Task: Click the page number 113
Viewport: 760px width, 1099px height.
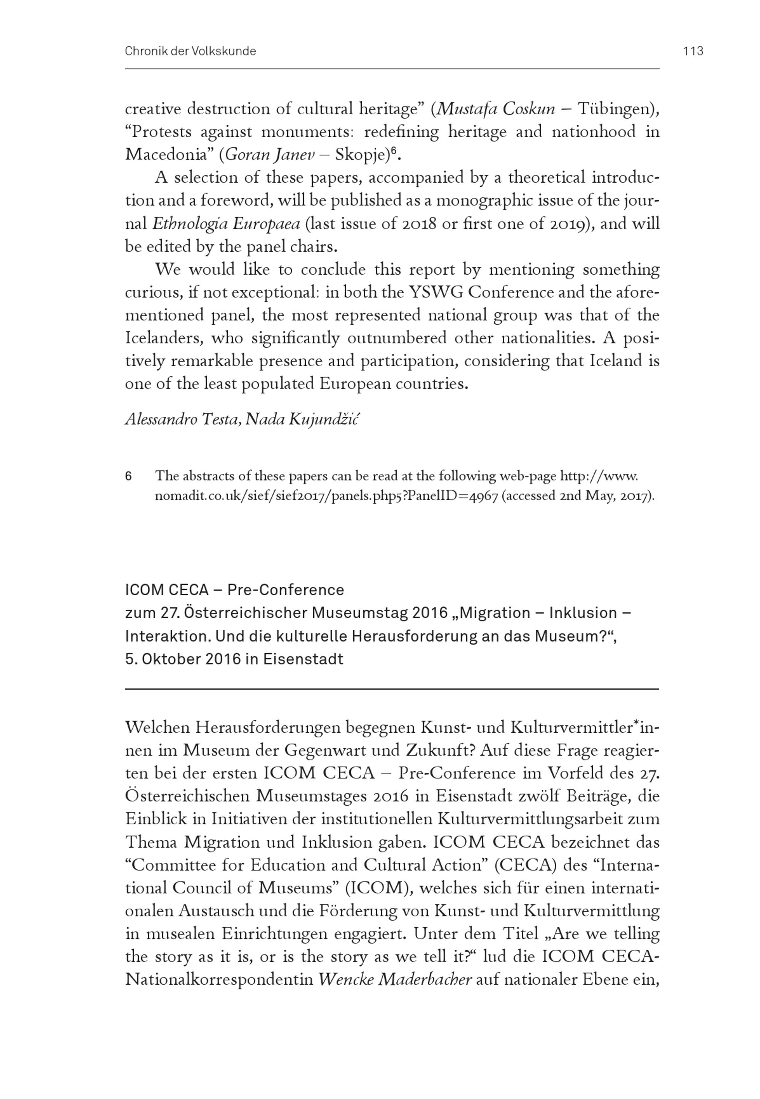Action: click(x=693, y=51)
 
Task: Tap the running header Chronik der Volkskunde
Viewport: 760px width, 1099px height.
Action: click(x=190, y=51)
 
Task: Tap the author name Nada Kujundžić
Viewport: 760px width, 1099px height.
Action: click(x=303, y=419)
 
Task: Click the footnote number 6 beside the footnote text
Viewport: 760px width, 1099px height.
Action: click(x=128, y=476)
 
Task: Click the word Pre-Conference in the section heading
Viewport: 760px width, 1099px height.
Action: click(x=285, y=590)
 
